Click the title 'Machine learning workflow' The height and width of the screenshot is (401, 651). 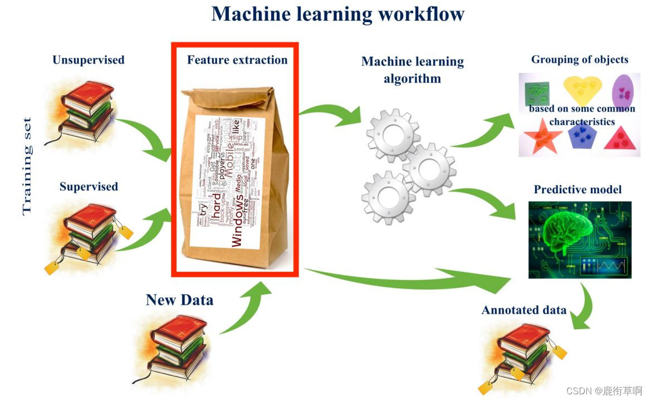coord(337,14)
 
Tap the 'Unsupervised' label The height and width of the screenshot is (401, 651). coord(88,60)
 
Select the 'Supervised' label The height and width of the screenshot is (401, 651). coord(89,187)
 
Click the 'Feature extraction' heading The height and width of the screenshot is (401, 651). coord(237,60)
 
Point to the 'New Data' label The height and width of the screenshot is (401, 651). coord(179,300)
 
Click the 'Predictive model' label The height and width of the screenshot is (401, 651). coord(577,189)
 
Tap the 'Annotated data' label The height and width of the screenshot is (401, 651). coord(523,310)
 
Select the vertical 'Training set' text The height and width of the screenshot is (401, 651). coord(27,166)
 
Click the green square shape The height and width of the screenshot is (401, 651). coord(536,92)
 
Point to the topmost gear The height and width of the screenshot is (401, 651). coord(393,134)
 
